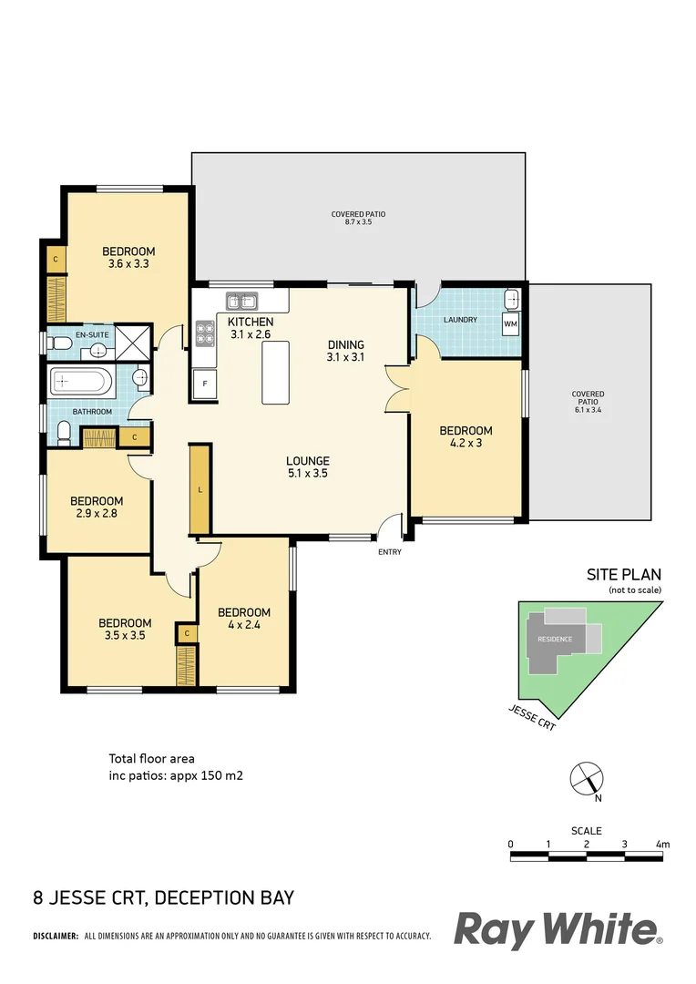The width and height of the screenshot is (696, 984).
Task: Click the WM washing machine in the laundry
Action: [x=510, y=323]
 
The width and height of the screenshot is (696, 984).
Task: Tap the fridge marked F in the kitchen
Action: [x=204, y=384]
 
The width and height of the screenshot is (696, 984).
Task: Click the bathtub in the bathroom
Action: [x=81, y=381]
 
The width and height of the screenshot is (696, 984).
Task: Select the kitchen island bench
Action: [x=274, y=372]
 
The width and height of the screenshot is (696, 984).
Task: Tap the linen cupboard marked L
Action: [x=200, y=490]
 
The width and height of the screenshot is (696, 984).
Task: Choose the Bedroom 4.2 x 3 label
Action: [x=466, y=437]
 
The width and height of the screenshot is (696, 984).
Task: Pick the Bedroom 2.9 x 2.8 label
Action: [x=97, y=507]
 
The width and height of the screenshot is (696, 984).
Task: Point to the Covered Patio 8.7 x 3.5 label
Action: [x=358, y=219]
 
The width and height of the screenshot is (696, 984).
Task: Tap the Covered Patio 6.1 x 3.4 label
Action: [x=589, y=401]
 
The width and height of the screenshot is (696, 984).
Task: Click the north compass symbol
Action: [x=584, y=779]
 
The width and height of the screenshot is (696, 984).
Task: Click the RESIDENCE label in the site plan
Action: [x=554, y=639]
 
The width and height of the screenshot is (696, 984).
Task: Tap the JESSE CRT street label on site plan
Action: [x=532, y=718]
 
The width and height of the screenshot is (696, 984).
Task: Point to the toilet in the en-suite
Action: [x=61, y=343]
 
